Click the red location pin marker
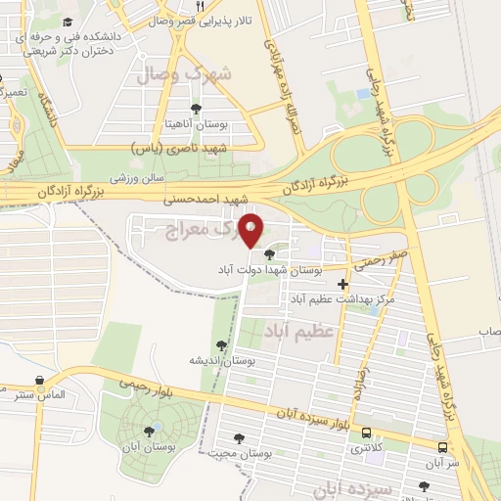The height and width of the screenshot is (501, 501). tap(252, 231)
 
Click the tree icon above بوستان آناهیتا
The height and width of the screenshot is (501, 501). tap(197, 108)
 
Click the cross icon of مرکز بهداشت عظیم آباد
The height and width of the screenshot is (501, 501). tap(342, 284)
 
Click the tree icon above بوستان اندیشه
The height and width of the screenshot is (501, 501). tap(223, 344)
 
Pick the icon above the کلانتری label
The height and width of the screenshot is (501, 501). tap(366, 432)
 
